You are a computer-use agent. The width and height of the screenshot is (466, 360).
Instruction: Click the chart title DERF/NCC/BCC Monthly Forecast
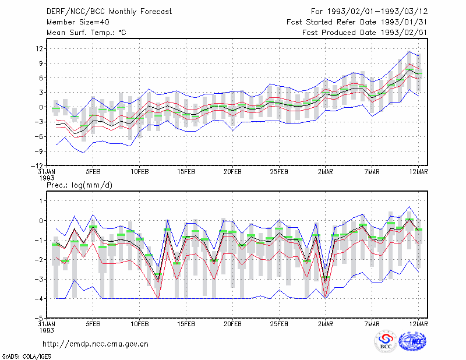coord(109,12)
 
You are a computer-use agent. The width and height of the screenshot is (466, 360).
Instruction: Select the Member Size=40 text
coord(78,22)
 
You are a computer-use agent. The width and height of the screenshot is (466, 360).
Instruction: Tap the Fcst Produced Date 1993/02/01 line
coord(365,33)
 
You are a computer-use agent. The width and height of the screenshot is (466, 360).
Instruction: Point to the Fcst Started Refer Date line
coord(357,22)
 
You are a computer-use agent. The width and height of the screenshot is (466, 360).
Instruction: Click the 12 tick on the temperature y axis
coord(39,48)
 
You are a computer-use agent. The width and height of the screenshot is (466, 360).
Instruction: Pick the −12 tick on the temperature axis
coord(37,165)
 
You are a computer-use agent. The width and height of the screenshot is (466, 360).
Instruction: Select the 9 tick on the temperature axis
coord(41,63)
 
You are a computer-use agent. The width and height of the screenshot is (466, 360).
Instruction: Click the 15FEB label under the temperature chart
coord(186,172)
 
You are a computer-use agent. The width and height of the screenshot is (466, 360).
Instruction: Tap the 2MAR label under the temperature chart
coord(326,172)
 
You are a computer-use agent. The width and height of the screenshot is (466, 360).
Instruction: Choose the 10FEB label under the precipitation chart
coord(140,324)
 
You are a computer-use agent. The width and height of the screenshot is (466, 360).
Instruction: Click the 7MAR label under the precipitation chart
coord(372,324)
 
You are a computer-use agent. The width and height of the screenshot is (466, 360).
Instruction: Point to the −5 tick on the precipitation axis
coord(39,318)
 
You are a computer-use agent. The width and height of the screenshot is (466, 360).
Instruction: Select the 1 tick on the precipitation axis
coord(41,201)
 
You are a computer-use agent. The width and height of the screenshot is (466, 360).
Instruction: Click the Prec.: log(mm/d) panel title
coord(79,185)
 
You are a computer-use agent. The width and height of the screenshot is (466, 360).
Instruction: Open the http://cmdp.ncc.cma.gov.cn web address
coord(96,344)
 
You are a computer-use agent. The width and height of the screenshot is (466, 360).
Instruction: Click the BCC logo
coord(386,341)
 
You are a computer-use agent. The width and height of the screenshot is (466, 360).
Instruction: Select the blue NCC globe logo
coord(412,341)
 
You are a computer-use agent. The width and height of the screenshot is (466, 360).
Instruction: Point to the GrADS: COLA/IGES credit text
coord(27,357)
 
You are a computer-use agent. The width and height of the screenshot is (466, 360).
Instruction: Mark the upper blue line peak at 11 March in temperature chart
coord(409,51)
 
